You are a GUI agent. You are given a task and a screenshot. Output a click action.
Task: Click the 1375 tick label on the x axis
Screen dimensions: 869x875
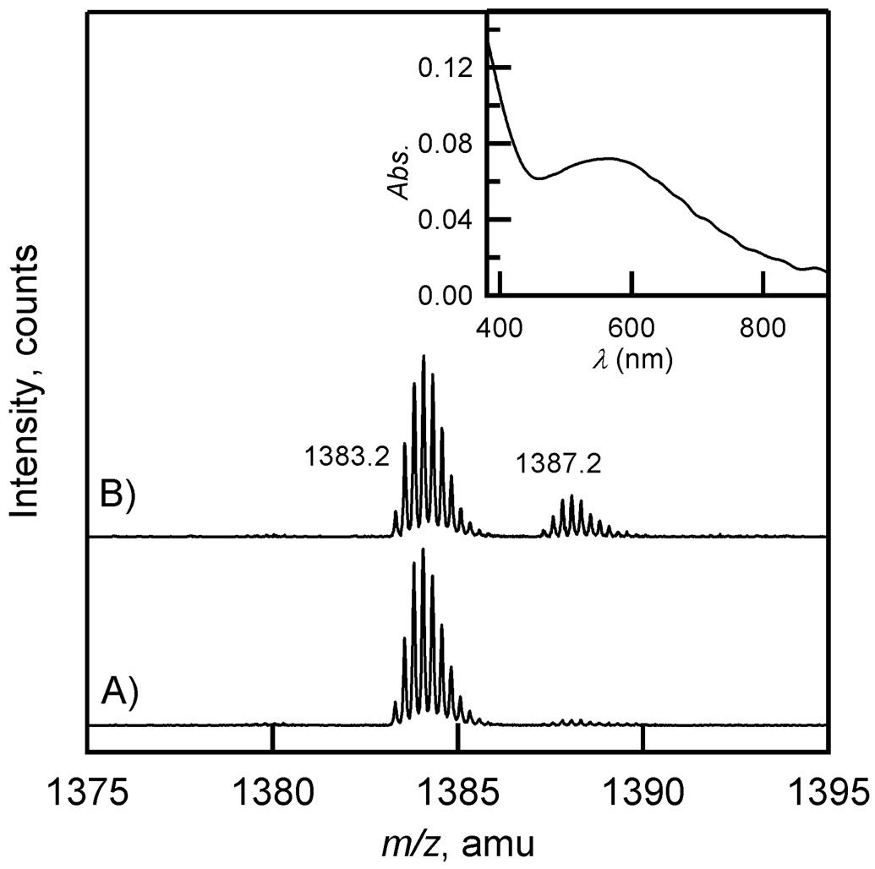pyautogui.click(x=86, y=793)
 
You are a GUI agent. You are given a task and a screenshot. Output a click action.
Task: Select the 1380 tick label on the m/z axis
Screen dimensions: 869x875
pyautogui.click(x=272, y=793)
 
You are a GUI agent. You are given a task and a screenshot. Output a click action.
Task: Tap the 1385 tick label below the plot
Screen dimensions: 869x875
pyautogui.click(x=457, y=793)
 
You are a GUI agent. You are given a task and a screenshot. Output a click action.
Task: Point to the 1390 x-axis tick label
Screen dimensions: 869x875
pyautogui.click(x=643, y=793)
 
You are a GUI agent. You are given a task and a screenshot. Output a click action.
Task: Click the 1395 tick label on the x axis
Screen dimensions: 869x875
pyautogui.click(x=827, y=793)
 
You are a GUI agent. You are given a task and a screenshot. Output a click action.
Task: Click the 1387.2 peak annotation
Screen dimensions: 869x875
pyautogui.click(x=559, y=463)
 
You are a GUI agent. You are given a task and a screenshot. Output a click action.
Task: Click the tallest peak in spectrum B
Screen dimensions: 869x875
pyautogui.click(x=424, y=358)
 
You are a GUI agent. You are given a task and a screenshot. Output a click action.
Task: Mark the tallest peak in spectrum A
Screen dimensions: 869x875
pyautogui.click(x=423, y=550)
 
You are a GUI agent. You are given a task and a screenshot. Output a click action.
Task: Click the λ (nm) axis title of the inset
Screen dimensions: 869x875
pyautogui.click(x=632, y=361)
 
